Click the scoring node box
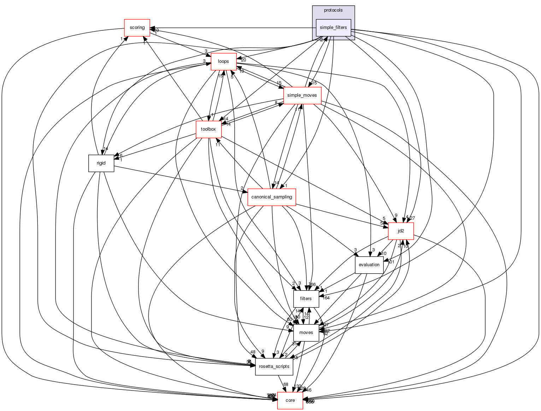point(137,28)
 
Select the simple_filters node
point(333,28)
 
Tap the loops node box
point(223,61)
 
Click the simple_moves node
point(302,95)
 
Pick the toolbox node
point(208,129)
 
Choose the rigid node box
point(101,163)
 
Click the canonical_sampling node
point(271,197)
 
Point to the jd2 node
point(401,231)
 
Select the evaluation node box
point(369,265)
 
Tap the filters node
point(306,299)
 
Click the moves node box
point(306,333)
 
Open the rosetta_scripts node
point(274,367)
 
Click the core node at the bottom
point(290,400)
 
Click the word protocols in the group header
point(333,10)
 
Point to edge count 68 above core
point(286,385)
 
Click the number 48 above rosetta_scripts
point(253,352)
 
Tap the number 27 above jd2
point(412,218)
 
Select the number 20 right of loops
point(243,60)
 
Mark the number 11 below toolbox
point(218,145)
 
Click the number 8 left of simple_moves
point(276,103)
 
